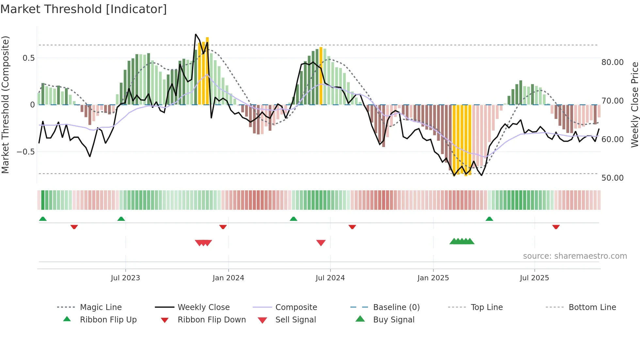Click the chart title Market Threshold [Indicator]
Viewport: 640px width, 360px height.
84,9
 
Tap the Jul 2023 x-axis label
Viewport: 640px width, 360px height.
125,278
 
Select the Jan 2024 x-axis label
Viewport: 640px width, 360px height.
228,278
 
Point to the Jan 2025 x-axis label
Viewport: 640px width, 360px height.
433,278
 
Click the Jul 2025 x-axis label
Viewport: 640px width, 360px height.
534,278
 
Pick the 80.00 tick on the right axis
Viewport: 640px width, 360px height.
612,62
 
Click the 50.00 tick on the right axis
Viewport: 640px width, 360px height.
612,178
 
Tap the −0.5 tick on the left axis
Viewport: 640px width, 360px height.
25,152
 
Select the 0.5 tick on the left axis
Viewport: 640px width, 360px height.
28,58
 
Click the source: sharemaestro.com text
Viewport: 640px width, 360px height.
575,256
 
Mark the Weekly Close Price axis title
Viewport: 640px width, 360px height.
634,105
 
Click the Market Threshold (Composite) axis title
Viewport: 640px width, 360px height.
5,105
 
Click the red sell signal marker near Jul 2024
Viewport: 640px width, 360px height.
321,243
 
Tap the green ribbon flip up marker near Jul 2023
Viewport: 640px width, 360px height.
121,219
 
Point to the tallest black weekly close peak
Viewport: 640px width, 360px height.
196,34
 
